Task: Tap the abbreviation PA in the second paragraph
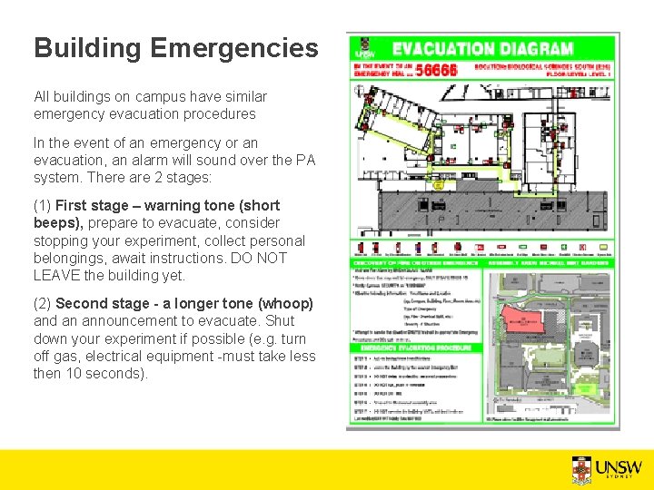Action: (305, 161)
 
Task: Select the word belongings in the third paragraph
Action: (67, 258)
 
